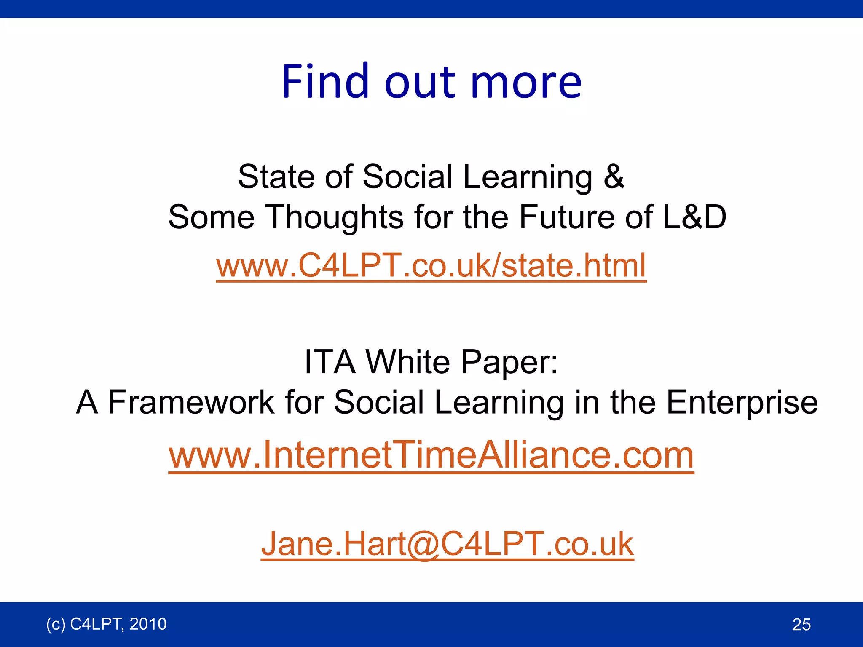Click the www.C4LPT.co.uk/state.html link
pos(431,265)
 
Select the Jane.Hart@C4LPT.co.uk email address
pos(447,544)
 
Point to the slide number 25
pos(801,624)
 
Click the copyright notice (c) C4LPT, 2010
pos(106,624)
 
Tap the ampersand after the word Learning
pos(614,176)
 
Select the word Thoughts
pos(335,217)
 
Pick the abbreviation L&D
pos(694,217)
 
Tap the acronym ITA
pos(330,361)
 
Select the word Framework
pos(191,402)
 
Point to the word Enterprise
pos(742,403)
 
